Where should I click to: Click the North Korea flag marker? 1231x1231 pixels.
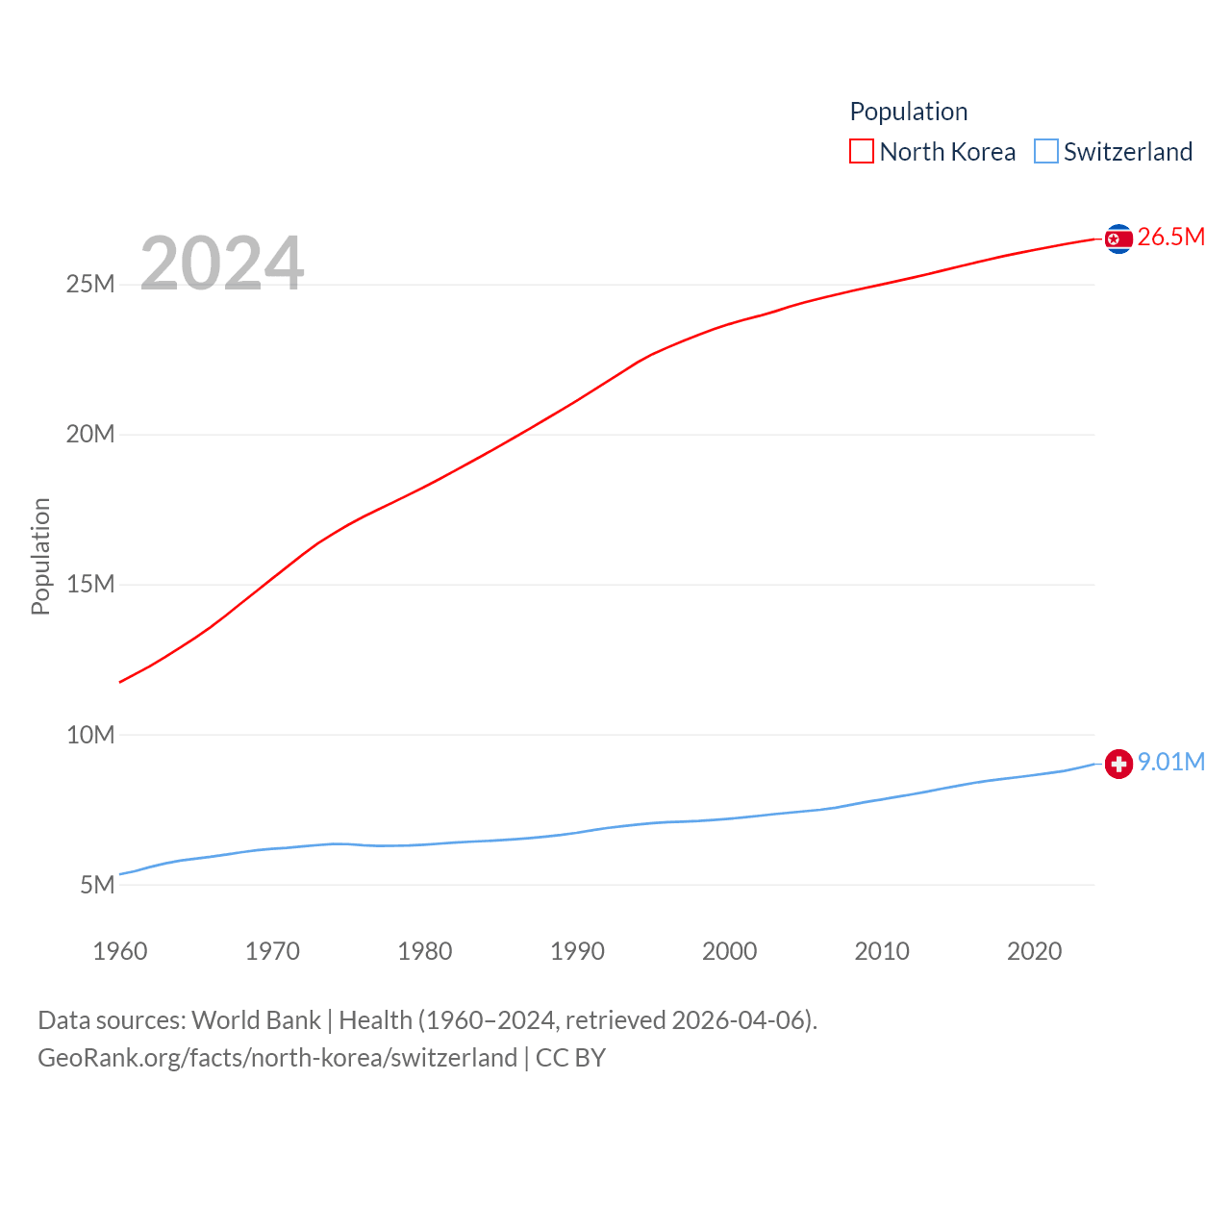(x=1118, y=239)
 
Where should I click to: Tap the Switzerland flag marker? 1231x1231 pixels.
(x=1118, y=764)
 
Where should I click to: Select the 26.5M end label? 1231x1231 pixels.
(x=1170, y=238)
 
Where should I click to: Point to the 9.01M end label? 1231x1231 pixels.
(x=1170, y=763)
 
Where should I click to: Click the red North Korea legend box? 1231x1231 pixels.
(x=862, y=152)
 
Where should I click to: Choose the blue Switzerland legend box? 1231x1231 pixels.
(x=1046, y=152)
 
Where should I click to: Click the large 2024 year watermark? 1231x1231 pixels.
(x=222, y=264)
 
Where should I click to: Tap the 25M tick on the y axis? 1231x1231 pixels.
(x=90, y=285)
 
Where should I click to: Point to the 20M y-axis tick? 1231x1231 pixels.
(x=90, y=435)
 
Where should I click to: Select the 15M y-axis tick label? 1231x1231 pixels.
(x=90, y=585)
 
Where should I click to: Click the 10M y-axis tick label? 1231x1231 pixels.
(x=90, y=736)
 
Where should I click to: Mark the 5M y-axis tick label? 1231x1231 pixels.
(x=97, y=886)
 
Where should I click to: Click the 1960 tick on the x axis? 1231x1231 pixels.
(x=120, y=952)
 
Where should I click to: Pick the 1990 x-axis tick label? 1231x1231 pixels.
(x=577, y=952)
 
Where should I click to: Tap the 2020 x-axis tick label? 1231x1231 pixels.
(x=1035, y=952)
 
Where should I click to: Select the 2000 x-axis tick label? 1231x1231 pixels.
(x=730, y=952)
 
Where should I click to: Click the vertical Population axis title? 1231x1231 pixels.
(x=40, y=556)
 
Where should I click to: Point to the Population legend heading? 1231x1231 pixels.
(x=909, y=112)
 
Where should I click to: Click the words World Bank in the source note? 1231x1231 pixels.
(x=256, y=1020)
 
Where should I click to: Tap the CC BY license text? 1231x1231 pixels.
(x=570, y=1058)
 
